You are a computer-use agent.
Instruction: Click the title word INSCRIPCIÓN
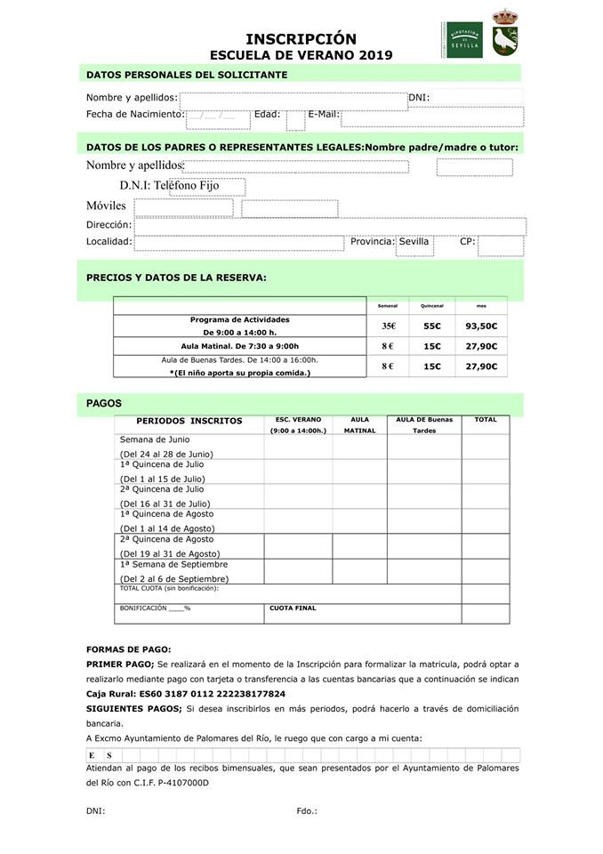tap(301, 38)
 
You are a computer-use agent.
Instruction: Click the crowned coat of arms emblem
tap(506, 33)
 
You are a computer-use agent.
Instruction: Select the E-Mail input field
tap(431, 117)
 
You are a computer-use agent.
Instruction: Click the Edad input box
tap(295, 118)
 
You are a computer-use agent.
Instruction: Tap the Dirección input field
tap(330, 226)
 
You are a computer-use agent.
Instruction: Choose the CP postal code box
tap(500, 245)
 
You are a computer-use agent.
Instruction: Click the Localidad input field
tap(238, 243)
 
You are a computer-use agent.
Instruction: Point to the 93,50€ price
tap(481, 326)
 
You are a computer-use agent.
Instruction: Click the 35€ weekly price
tap(388, 326)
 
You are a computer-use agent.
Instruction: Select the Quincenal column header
tap(432, 305)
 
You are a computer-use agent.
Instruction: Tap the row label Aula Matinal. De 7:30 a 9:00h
tap(239, 346)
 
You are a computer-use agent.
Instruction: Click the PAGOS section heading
tap(104, 403)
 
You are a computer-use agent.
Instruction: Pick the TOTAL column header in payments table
tap(486, 420)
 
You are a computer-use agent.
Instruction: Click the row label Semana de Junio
tap(154, 439)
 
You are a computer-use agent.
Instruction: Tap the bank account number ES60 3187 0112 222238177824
tap(212, 693)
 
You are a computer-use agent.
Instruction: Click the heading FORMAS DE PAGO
tap(128, 649)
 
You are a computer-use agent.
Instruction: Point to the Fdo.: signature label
tap(307, 810)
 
